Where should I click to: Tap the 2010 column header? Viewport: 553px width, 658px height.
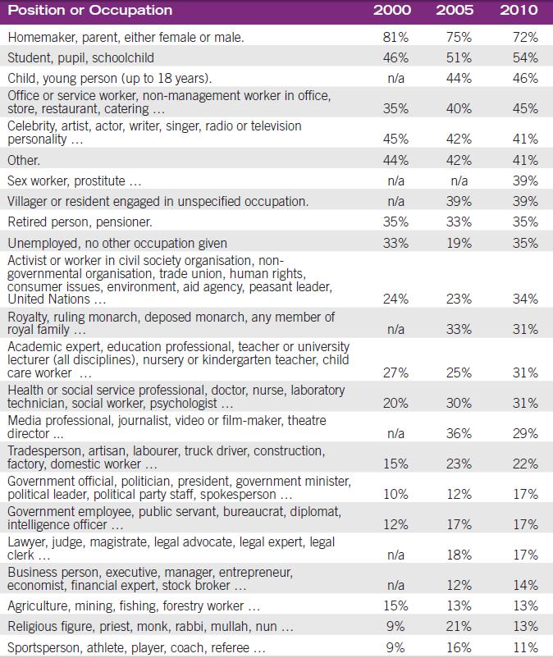(519, 11)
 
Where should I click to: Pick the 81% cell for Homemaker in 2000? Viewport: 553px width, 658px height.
(395, 38)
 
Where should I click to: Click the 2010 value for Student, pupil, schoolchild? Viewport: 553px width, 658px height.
(523, 58)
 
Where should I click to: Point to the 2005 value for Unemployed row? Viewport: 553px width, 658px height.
(459, 243)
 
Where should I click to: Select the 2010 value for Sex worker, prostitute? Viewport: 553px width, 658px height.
(523, 180)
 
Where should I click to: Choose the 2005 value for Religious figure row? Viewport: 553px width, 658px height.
(459, 628)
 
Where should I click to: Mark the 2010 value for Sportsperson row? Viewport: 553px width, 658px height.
(523, 648)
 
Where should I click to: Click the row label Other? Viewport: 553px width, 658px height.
(24, 160)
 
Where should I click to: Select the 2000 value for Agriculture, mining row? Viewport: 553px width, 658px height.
(395, 606)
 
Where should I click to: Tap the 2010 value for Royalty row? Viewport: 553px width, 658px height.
(523, 330)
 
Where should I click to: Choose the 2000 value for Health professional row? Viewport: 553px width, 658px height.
(395, 403)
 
